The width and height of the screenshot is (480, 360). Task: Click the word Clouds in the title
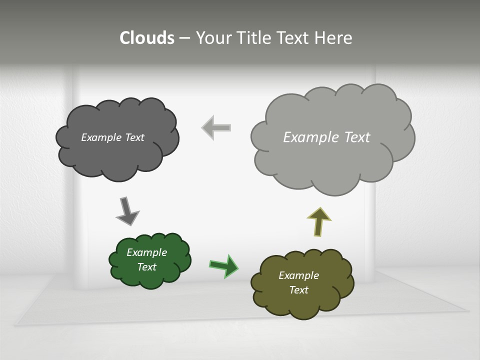pyautogui.click(x=147, y=38)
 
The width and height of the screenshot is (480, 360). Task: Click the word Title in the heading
pyautogui.click(x=254, y=38)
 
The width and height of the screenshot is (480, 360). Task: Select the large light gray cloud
pyautogui.click(x=330, y=165)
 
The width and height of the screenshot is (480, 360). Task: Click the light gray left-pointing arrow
pyautogui.click(x=216, y=127)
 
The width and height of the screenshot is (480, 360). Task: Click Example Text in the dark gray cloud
pyautogui.click(x=112, y=137)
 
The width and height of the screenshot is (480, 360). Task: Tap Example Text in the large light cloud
pyautogui.click(x=326, y=137)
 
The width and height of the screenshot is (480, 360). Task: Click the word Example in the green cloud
pyautogui.click(x=146, y=252)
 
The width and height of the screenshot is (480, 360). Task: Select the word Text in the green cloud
pyautogui.click(x=146, y=267)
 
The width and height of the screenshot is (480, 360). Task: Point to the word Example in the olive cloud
pyautogui.click(x=298, y=275)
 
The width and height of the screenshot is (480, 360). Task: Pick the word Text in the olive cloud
pyautogui.click(x=298, y=290)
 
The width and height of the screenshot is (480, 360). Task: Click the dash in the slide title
pyautogui.click(x=184, y=38)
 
